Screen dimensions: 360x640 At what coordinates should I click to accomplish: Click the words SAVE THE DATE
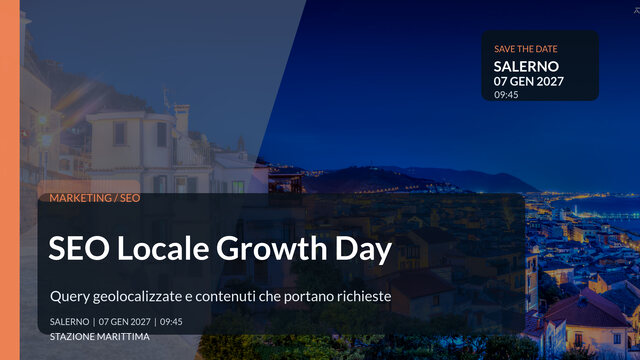526,48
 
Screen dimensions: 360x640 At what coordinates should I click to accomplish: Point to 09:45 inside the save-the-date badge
506,95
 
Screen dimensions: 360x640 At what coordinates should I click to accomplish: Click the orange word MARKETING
80,198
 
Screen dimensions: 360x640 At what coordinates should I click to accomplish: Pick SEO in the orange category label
130,198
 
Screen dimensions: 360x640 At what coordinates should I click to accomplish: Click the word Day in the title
367,249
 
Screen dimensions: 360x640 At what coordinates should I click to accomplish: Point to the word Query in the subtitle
68,297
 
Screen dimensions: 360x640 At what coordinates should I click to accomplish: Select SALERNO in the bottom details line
69,322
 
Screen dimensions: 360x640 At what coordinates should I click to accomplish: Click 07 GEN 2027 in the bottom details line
125,322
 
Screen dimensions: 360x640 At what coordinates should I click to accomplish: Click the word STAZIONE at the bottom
73,337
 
